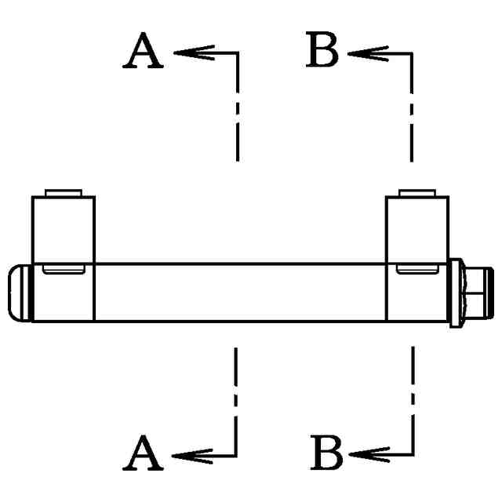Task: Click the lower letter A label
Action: (x=144, y=454)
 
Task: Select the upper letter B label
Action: (x=322, y=53)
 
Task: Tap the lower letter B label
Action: (x=327, y=453)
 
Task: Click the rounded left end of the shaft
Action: (x=19, y=292)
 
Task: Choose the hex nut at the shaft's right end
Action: (x=473, y=292)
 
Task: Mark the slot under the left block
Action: (x=64, y=271)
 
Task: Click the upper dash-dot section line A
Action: (x=236, y=118)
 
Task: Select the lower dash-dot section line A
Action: (x=235, y=392)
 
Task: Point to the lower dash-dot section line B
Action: (x=413, y=392)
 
